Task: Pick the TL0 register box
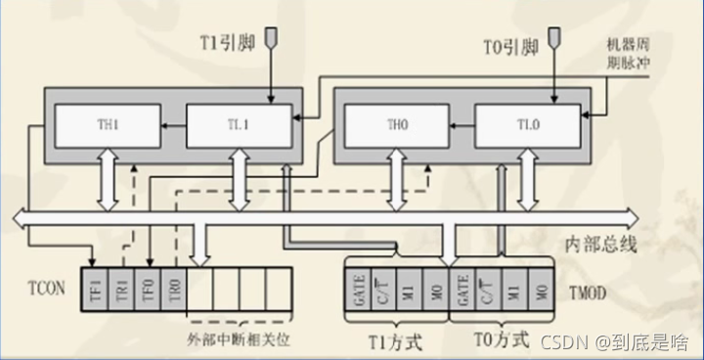point(522,126)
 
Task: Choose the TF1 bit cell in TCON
point(95,291)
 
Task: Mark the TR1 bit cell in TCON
point(121,291)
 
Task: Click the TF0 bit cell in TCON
point(148,291)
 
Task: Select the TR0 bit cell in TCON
point(173,291)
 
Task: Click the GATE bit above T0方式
point(462,291)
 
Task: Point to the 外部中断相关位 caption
point(239,338)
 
